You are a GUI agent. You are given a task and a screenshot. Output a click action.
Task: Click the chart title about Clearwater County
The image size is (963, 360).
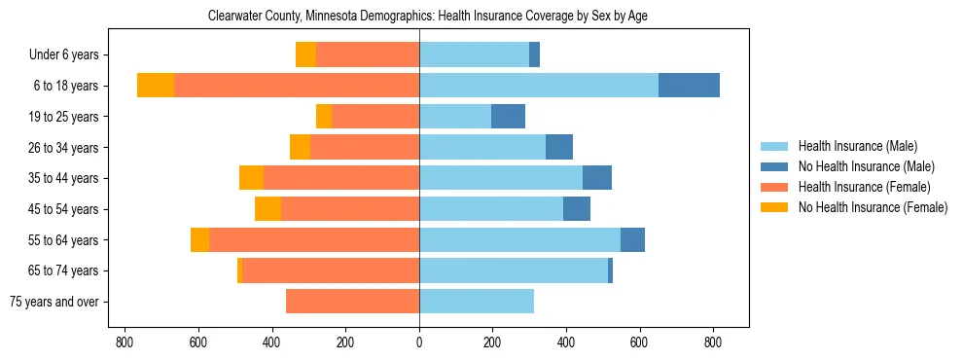[x=428, y=16]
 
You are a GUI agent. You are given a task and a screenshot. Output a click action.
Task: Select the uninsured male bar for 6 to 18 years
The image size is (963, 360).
[x=689, y=86]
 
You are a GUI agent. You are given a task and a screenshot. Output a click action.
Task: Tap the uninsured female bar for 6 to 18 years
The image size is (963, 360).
[x=156, y=86]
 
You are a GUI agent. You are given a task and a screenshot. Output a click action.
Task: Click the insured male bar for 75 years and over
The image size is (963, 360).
[x=477, y=302]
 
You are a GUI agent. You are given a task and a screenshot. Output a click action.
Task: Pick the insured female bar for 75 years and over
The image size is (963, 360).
[x=352, y=302]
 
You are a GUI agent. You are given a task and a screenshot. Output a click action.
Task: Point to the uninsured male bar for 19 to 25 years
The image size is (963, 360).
[x=508, y=117]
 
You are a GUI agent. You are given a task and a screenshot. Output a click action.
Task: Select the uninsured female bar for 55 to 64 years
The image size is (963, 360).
[x=199, y=240]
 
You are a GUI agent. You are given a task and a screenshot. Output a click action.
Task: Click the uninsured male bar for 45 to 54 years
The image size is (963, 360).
[x=577, y=209]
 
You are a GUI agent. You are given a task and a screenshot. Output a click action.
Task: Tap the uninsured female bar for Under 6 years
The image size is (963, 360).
[x=305, y=54]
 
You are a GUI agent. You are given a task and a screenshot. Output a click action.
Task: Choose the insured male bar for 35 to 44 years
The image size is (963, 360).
[x=501, y=178]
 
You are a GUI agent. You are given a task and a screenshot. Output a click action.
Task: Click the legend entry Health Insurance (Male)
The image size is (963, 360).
[x=856, y=146]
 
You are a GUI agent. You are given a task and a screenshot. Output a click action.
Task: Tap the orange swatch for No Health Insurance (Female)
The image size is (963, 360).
[x=774, y=207]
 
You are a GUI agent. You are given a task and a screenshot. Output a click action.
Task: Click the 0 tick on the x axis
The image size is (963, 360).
[x=419, y=342]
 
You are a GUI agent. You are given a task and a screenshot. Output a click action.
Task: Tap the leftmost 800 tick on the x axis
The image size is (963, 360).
[x=125, y=342]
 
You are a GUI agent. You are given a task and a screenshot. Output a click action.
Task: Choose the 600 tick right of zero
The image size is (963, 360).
[x=639, y=342]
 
